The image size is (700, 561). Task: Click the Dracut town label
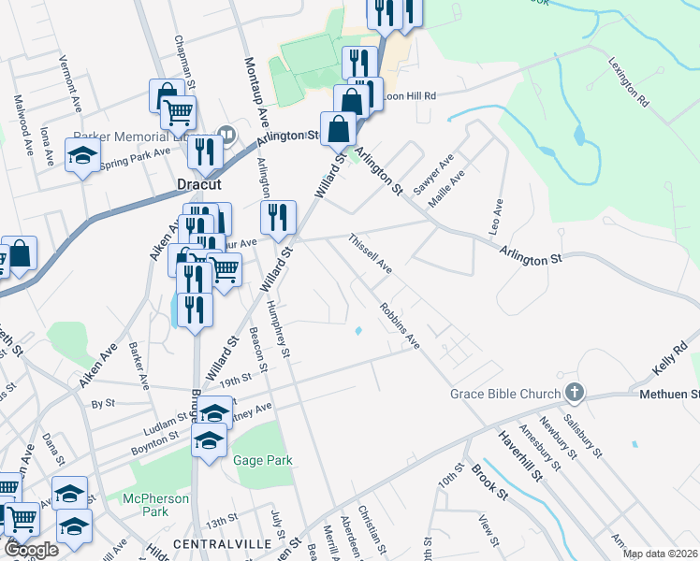(199, 185)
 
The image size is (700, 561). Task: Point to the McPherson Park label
(156, 505)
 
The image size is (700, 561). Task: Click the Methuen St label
(669, 396)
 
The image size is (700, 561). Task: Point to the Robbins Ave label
(400, 323)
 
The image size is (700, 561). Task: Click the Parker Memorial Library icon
(225, 133)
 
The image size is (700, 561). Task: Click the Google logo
(31, 550)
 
